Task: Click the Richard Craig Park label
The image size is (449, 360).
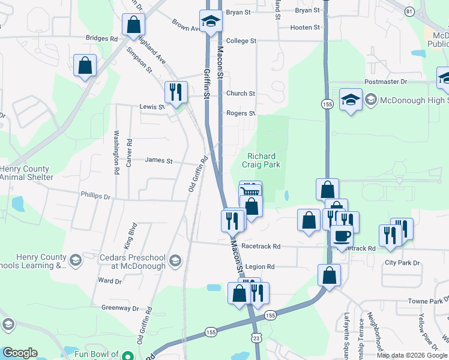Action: [261, 160]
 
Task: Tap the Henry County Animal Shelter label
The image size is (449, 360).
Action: [26, 173]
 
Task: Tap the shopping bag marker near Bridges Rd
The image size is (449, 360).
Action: [133, 25]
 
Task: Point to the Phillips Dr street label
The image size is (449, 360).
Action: [96, 196]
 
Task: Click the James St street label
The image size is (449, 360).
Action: [158, 161]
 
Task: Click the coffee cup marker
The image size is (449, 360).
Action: [342, 235]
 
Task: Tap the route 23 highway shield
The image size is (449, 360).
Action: [256, 338]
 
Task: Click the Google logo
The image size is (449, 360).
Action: [20, 353]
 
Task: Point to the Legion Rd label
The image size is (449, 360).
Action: [260, 266]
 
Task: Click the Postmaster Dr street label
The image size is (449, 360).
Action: [385, 81]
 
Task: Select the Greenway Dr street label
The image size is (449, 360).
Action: [120, 308]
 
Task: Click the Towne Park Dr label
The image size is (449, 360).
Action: [425, 301]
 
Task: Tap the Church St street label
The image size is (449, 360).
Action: [240, 94]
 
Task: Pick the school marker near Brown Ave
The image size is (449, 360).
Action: [211, 22]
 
